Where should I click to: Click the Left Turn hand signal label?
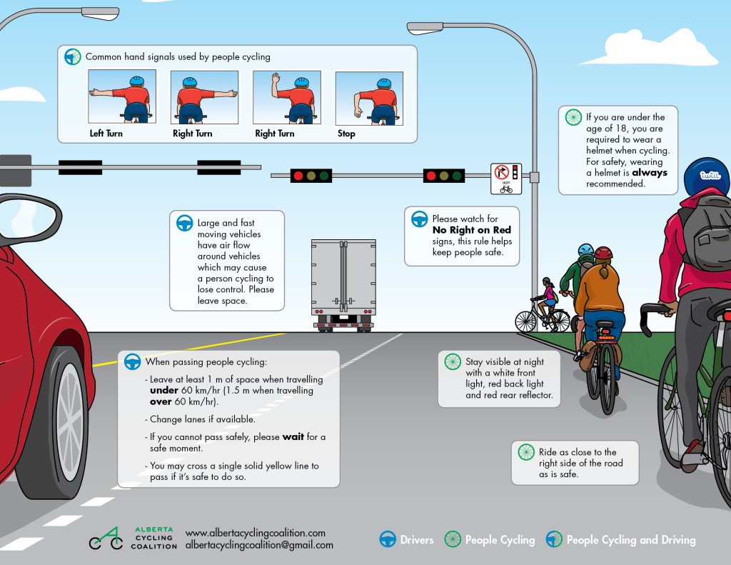point(106,134)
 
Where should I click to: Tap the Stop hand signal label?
point(346,134)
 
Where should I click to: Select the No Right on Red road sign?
point(506,179)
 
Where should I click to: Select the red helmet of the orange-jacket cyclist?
point(603,253)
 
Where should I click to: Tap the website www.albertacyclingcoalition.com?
point(255,533)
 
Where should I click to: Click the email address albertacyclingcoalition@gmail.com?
point(258,545)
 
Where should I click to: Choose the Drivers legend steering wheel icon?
point(387,539)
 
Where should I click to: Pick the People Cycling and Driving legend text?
point(630,540)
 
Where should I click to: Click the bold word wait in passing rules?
point(293,436)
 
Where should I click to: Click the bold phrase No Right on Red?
point(471,230)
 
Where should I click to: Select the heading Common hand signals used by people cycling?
point(178,56)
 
